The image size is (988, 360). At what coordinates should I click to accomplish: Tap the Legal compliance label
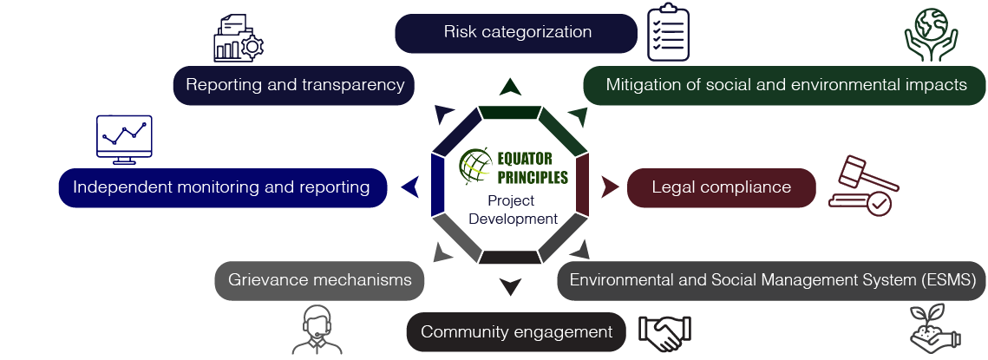pos(721,187)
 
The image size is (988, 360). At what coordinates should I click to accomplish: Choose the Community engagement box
pos(516,332)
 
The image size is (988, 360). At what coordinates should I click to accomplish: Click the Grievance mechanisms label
pos(319,281)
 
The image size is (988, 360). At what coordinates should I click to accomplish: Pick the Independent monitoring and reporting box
pos(222,187)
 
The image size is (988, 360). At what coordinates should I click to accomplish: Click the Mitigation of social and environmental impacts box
pos(785,86)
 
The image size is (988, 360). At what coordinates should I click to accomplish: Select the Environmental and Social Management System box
pos(772,281)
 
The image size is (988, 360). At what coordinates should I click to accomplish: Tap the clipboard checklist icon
pos(669,32)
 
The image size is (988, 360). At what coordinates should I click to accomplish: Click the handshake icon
pos(664,332)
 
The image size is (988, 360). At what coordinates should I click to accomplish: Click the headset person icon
pos(317,331)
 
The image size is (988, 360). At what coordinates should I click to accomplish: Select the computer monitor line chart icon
pos(124,140)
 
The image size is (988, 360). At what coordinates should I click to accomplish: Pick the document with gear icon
pos(237,39)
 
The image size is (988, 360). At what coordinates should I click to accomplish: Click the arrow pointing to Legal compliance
pos(610,187)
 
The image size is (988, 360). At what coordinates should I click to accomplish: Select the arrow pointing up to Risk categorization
pos(510,86)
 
